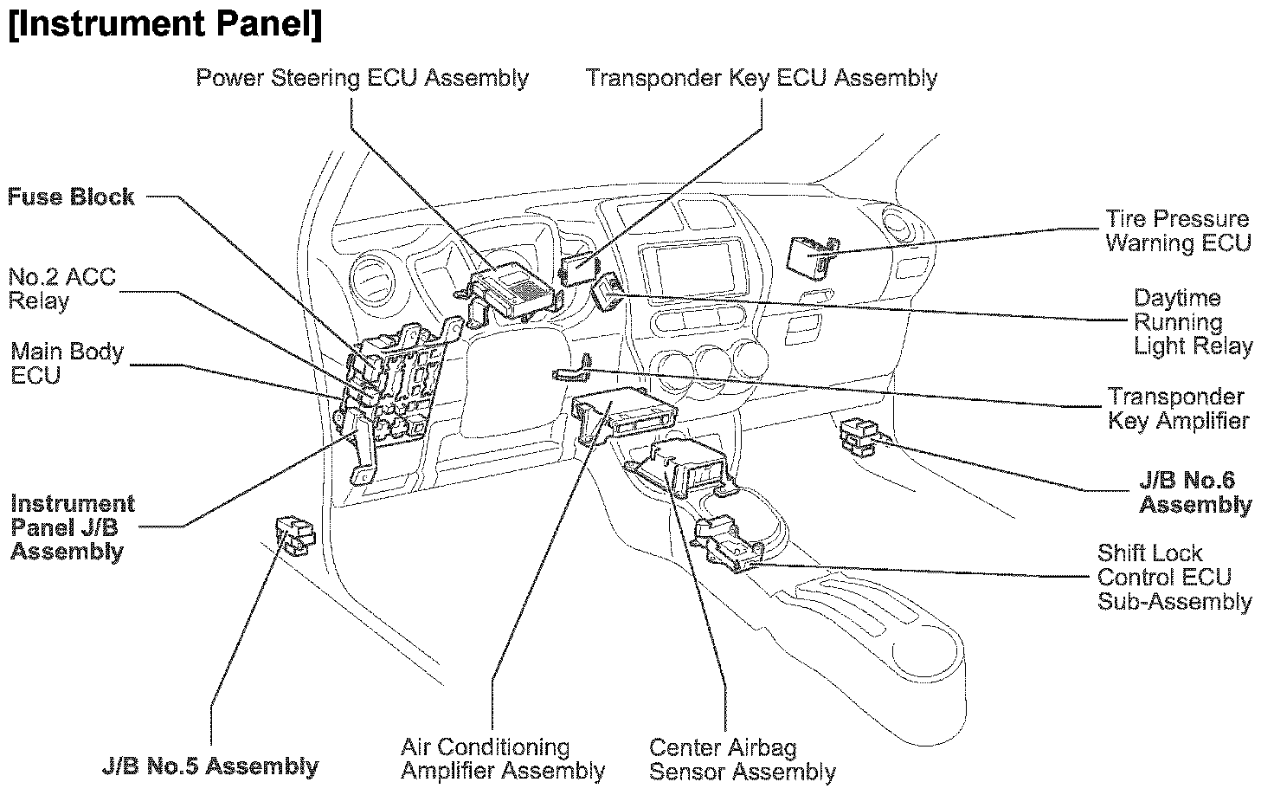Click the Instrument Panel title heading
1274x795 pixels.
pos(164,25)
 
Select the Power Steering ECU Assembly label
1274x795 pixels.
pos(362,78)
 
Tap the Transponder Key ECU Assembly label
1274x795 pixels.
pos(762,78)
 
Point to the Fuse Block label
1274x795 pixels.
pos(71,197)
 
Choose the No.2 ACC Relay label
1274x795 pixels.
pos(61,289)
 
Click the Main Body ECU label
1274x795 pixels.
pos(67,364)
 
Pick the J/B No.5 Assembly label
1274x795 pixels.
pos(210,766)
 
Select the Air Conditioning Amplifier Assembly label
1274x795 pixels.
pos(503,759)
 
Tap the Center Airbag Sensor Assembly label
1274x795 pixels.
pos(742,759)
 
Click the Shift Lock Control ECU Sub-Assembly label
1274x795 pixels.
pos(1174,577)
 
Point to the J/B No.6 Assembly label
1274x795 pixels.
pos(1195,493)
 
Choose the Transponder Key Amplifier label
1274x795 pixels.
pos(1178,409)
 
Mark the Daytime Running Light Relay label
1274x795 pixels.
pos(1193,322)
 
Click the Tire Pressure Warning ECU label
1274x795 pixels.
pos(1178,230)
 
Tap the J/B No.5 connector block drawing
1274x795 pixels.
pos(295,534)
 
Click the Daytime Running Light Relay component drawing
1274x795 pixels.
pos(608,290)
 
